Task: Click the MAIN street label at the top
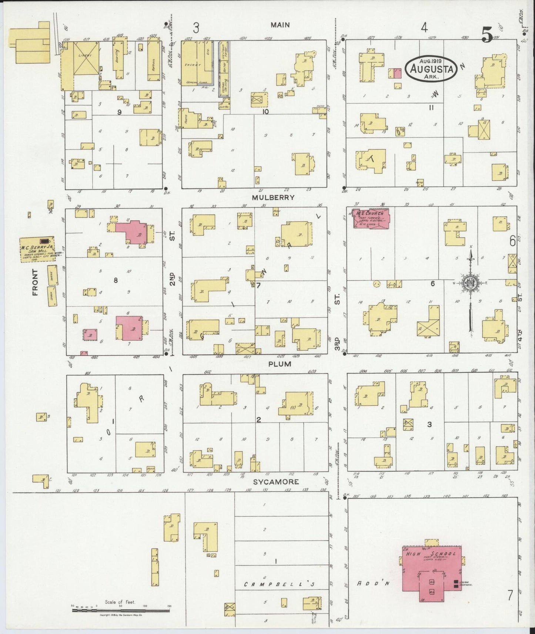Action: (280, 25)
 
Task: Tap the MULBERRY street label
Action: (273, 198)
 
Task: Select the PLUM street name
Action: (280, 364)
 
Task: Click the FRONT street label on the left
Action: (36, 282)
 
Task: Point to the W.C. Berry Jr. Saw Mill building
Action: (38, 249)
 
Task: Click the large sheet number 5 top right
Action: (487, 35)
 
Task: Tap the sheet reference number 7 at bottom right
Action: (510, 596)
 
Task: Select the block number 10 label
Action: (265, 111)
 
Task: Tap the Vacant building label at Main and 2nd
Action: (195, 65)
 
